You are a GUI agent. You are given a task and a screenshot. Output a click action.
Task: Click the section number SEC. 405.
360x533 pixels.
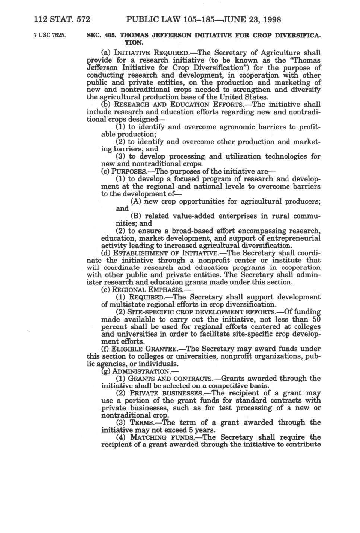[x=100, y=36]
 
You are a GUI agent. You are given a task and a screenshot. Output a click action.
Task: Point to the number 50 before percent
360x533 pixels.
[x=316, y=319]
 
